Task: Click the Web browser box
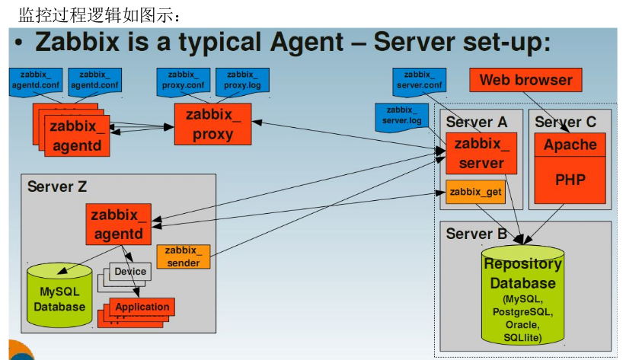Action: pos(525,80)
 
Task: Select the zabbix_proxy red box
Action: pos(212,125)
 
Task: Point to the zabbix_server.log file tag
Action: pos(401,116)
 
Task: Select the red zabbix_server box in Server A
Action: pos(481,153)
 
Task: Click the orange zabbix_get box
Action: pos(475,193)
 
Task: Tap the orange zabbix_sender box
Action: pos(183,256)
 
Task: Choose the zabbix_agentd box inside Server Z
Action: pos(118,225)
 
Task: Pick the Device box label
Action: pos(130,272)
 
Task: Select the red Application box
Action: pos(142,307)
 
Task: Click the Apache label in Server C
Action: pos(570,145)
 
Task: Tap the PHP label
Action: pos(570,180)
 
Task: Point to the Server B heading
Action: pos(476,234)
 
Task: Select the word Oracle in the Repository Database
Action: pos(522,325)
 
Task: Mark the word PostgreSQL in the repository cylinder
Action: pos(522,312)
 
